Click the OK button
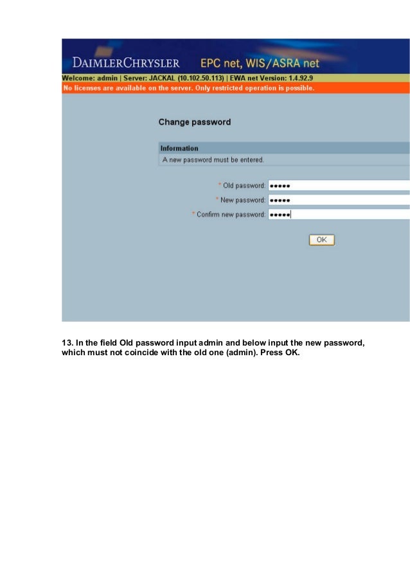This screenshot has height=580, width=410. coord(321,240)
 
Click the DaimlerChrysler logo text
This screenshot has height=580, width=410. coord(126,64)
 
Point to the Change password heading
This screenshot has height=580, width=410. coord(194,122)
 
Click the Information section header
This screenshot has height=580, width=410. coord(179,148)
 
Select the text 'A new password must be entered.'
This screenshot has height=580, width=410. coord(213,159)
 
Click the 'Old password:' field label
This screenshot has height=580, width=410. coord(244,186)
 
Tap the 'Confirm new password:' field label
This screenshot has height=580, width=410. coord(231,215)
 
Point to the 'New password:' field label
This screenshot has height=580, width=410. coord(242,200)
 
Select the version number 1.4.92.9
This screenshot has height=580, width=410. coord(296,78)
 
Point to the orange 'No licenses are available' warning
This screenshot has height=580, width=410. coord(188,88)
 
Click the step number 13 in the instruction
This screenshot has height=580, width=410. coord(66,343)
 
